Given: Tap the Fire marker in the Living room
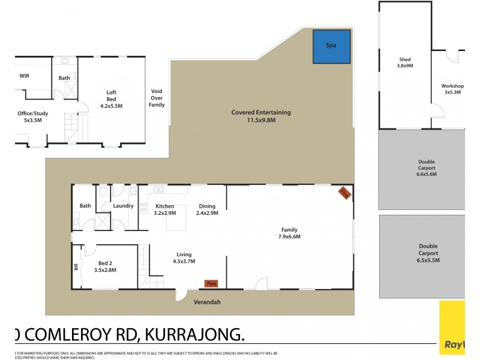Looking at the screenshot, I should [x=211, y=283].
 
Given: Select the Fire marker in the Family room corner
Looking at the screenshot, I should [x=344, y=193].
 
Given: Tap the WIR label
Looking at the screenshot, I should [x=24, y=76].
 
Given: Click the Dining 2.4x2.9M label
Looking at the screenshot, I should [x=207, y=209].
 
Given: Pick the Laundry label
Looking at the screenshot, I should [x=123, y=206].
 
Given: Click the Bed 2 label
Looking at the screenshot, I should [x=105, y=266].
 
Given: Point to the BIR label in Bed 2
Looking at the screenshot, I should [x=76, y=266].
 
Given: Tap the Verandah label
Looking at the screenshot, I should [x=207, y=302].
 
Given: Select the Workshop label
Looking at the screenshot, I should [x=453, y=89].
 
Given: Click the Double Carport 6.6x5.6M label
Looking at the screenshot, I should [x=427, y=168].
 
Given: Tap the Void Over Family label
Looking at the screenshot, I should [x=157, y=98].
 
